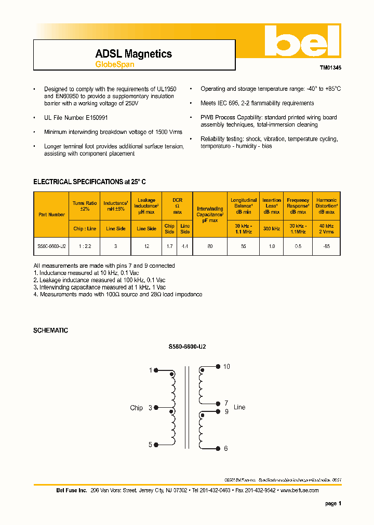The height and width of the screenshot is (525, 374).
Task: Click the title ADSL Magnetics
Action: (133, 54)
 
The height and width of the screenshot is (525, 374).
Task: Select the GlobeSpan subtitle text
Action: (114, 65)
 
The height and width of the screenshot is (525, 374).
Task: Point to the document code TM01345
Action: (330, 67)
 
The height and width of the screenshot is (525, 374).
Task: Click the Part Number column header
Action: (51, 214)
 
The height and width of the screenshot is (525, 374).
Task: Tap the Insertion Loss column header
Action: (272, 205)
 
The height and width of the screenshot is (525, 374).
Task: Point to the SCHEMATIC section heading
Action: (50, 330)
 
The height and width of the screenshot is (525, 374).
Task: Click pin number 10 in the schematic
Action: (226, 367)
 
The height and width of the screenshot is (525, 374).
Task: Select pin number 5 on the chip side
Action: (150, 445)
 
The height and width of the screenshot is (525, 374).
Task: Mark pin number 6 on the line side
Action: (226, 449)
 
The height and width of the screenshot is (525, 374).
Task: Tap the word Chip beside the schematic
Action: (136, 408)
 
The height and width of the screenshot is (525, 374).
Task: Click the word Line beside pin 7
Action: (239, 407)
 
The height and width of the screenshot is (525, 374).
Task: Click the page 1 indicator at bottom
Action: (333, 503)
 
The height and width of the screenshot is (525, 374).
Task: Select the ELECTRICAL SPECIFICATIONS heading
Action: (89, 182)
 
